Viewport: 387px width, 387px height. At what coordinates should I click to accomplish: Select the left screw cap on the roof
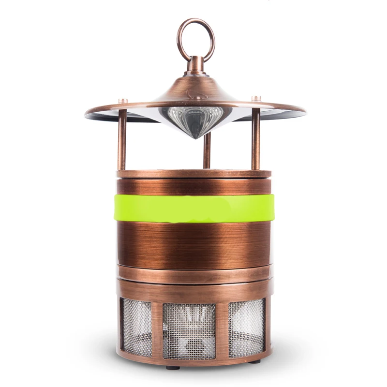tap(123, 101)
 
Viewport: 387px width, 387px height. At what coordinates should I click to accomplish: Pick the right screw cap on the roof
tap(256, 98)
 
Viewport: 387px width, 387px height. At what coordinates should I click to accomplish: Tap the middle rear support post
tap(207, 150)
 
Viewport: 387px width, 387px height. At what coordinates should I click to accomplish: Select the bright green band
tap(194, 208)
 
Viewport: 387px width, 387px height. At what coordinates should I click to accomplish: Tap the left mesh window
tap(137, 327)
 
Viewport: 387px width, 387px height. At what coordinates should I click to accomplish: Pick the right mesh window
tap(247, 327)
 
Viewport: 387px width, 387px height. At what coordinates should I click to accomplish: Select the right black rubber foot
tap(255, 361)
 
